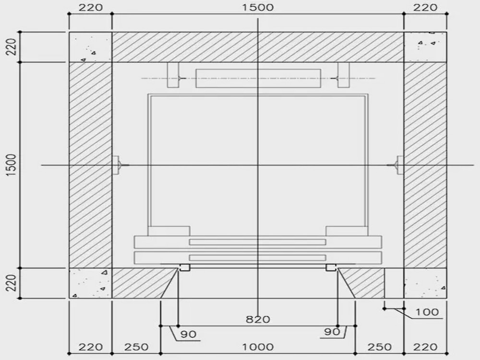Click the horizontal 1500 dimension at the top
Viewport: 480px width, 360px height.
(258, 7)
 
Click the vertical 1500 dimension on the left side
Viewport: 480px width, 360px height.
(11, 165)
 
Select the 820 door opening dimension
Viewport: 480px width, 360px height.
(258, 320)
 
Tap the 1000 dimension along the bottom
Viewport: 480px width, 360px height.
(258, 347)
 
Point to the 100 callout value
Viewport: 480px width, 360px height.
(427, 312)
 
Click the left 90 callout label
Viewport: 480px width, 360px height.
(188, 334)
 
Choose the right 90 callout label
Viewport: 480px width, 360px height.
(332, 332)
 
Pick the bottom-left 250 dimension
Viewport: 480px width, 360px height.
(136, 347)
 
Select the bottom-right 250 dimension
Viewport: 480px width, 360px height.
(380, 347)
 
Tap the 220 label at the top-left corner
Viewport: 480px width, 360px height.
(90, 7)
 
